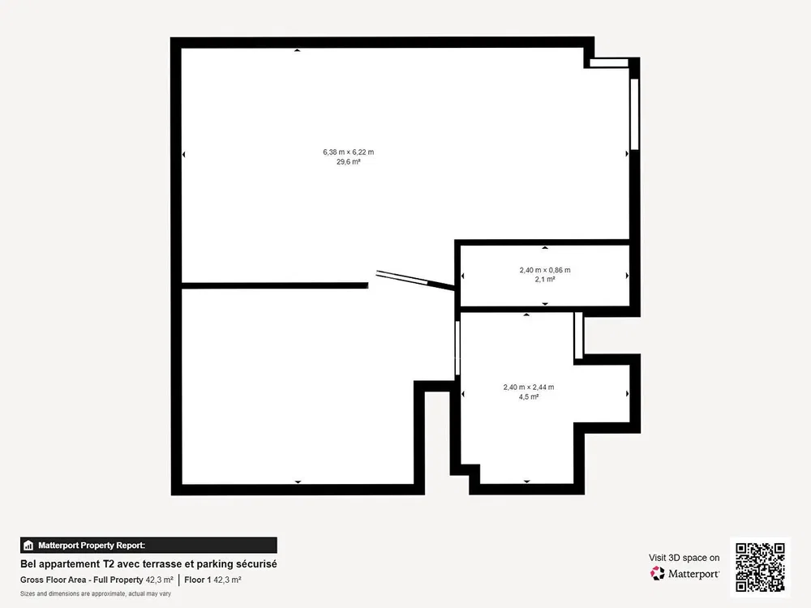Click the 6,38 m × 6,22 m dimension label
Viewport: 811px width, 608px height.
coord(348,152)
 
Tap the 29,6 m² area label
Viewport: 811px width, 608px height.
coord(348,162)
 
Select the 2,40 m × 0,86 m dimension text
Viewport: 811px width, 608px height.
coord(545,270)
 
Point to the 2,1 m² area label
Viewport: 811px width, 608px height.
coord(545,279)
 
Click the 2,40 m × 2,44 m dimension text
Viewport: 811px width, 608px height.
coord(529,387)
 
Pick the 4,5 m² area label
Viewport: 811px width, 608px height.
coord(529,397)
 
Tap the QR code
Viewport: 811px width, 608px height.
coord(760,567)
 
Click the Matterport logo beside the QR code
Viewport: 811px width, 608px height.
coord(684,573)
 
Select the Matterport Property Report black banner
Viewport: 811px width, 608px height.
coord(148,546)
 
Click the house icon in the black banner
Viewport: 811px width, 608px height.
coord(28,546)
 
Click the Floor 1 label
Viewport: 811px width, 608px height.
coord(198,580)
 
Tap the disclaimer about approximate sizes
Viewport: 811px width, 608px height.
coord(96,593)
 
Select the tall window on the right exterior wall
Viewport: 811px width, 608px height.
coord(635,114)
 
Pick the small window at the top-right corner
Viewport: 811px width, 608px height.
coord(609,63)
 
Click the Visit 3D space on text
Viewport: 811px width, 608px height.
coord(684,558)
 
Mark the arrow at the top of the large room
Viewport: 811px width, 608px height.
coord(298,50)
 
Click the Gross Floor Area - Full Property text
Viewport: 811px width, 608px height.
coord(82,580)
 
